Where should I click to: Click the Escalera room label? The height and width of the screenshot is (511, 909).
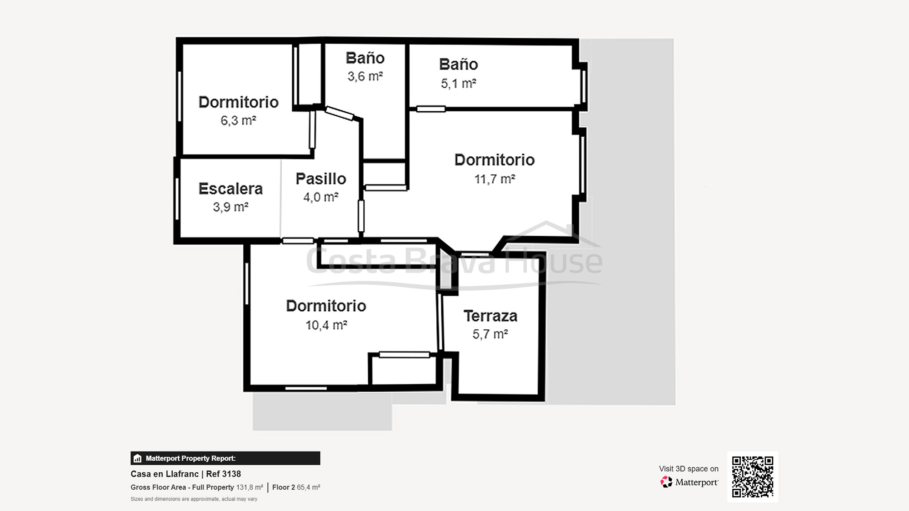point(230,189)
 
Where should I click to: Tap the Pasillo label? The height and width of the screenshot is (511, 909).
point(321,179)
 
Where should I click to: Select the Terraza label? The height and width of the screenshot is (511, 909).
point(490,316)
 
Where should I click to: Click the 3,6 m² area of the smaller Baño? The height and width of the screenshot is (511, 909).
point(365,76)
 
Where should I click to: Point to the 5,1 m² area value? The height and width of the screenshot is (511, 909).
point(458,84)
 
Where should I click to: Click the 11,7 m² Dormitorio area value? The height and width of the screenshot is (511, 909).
point(494,179)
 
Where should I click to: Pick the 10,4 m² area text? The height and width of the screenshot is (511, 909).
point(326,325)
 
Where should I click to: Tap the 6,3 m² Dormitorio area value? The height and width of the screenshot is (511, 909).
point(238,120)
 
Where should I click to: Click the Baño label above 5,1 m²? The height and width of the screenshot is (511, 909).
point(458,64)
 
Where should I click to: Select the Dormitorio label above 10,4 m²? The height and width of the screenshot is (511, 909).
point(326,306)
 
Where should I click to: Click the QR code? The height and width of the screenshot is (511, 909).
point(752,476)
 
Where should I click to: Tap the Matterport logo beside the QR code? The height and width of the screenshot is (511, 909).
point(689,482)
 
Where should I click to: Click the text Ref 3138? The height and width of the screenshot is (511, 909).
point(223,474)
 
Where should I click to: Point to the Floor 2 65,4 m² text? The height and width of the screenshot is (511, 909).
point(296,487)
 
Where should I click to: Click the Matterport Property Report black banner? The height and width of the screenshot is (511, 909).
point(225,458)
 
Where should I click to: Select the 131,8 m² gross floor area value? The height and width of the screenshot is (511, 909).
point(250,487)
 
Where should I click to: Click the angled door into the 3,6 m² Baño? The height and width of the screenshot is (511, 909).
point(340,114)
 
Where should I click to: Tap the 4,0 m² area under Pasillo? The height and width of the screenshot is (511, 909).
point(321,197)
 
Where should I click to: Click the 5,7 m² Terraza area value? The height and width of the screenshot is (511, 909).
point(490,334)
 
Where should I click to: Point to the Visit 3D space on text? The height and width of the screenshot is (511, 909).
point(689,469)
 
